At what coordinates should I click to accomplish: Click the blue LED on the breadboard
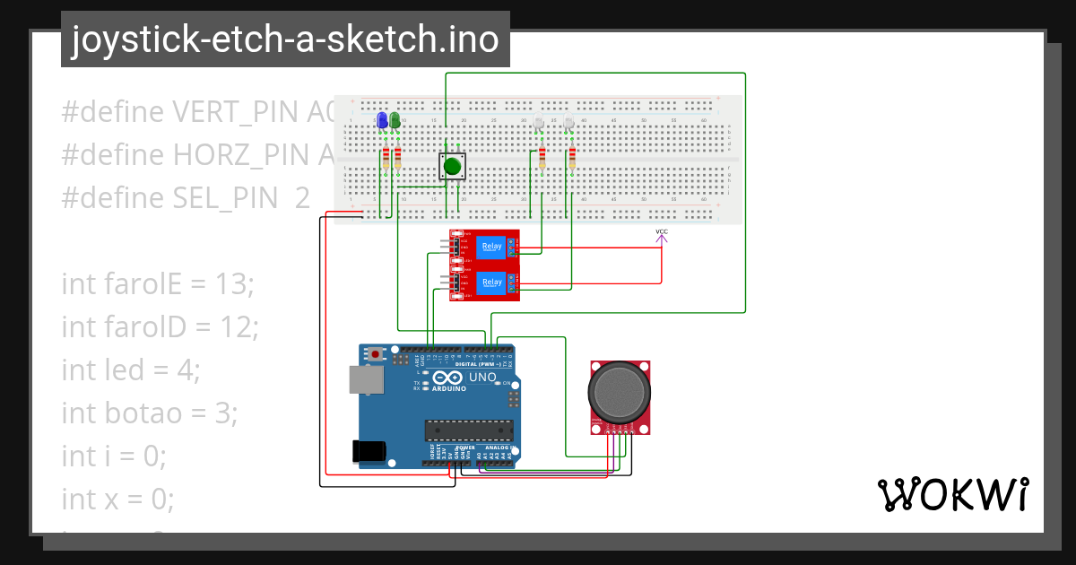pos(383,120)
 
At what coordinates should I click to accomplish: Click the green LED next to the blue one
pos(395,120)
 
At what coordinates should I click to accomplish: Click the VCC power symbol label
pos(662,233)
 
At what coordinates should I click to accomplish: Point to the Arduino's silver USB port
pos(366,379)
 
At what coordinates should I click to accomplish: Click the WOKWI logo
pos(952,495)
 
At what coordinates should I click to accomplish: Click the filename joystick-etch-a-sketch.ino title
pos(285,39)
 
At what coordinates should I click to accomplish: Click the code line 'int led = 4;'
pos(131,369)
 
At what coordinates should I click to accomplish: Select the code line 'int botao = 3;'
pos(149,413)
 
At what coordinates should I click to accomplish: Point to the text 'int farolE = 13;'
pos(158,284)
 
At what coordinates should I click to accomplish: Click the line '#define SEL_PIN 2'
pos(185,198)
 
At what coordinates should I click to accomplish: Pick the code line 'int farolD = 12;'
pos(160,327)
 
